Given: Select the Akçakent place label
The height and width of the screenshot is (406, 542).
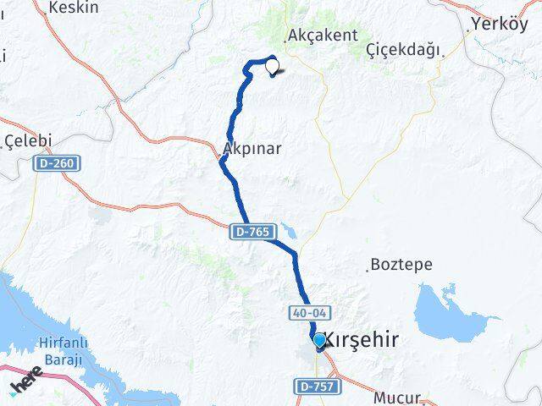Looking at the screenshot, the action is [323, 36].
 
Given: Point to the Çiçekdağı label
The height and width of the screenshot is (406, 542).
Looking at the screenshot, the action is [404, 51].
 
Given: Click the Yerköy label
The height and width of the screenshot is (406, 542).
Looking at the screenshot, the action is [500, 24].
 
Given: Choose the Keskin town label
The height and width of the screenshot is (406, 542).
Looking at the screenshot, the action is [75, 8].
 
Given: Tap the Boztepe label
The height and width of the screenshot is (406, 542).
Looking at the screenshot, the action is [402, 265].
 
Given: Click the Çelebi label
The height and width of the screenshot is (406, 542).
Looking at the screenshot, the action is [28, 140].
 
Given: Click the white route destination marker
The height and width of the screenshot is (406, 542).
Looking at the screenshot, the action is [272, 63].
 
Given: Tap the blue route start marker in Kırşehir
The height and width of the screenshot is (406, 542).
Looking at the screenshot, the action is [318, 340].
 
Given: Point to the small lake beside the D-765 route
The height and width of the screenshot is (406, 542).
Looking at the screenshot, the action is [289, 229].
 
